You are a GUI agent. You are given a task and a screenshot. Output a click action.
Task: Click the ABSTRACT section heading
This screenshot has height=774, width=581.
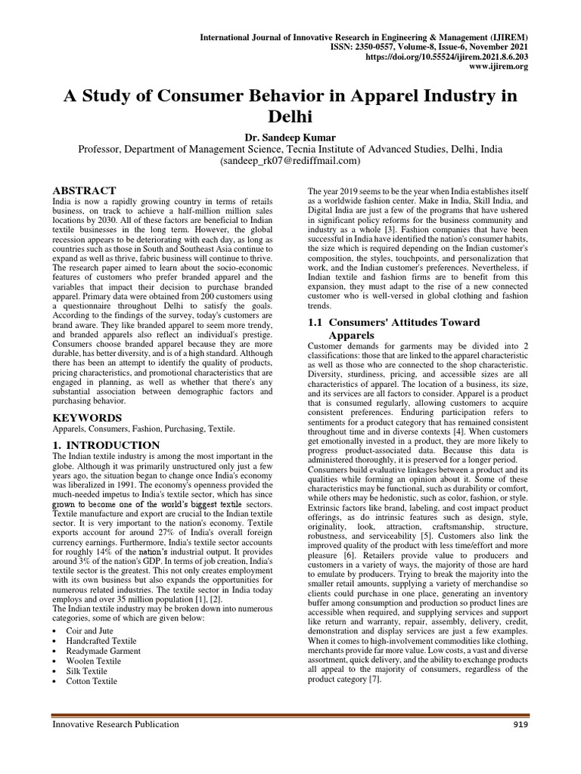(x=83, y=190)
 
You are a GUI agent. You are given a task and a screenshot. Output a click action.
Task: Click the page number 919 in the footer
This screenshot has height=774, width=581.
(x=519, y=724)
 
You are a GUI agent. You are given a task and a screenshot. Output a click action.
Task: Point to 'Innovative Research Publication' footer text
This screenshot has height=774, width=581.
(x=115, y=724)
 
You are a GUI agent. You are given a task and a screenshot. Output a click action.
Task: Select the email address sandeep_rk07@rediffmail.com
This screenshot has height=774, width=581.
(x=290, y=161)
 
